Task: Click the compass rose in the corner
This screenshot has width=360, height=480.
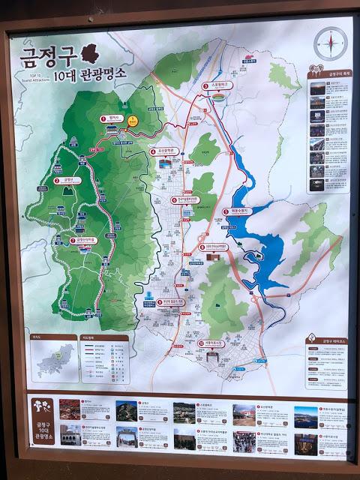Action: coord(326,43)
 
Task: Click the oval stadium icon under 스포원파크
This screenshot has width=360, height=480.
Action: coord(218,97)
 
